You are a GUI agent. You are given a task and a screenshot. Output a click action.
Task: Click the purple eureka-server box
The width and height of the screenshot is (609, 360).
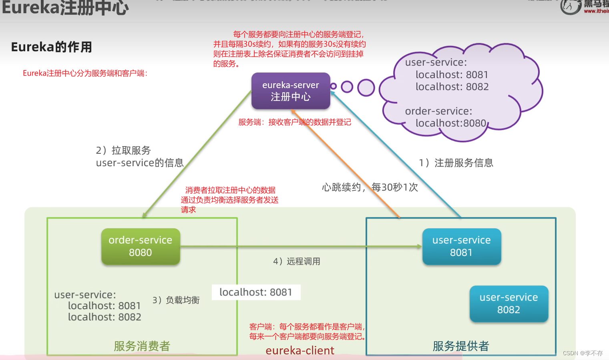click(x=291, y=91)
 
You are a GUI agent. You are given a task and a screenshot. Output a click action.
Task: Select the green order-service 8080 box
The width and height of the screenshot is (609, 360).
click(x=141, y=246)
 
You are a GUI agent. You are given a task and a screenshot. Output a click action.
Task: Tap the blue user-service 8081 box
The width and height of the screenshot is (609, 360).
click(x=461, y=246)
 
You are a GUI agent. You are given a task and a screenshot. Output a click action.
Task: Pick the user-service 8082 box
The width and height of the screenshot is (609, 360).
click(x=509, y=304)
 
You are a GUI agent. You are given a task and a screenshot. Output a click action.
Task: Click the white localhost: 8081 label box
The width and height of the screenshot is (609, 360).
click(x=256, y=292)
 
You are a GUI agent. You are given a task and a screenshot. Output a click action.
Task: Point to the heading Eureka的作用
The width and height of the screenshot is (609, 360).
click(x=52, y=47)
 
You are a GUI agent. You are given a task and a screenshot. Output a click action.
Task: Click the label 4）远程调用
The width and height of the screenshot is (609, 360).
click(x=297, y=261)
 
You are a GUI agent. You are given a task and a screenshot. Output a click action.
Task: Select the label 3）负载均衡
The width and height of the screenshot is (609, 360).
click(x=176, y=300)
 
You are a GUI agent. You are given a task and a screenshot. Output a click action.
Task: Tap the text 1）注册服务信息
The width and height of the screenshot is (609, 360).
click(x=456, y=163)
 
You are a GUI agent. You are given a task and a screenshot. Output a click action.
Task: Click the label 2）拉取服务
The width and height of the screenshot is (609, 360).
click(x=123, y=151)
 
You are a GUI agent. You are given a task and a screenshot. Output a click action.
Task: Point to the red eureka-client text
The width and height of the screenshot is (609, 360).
click(x=300, y=351)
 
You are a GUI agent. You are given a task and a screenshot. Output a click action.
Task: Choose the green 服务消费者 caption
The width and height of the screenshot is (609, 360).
click(x=142, y=346)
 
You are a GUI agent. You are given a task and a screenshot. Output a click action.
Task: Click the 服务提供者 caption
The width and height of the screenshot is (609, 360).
click(x=461, y=346)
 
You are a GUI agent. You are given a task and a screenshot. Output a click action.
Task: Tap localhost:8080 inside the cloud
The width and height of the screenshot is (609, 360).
click(x=451, y=123)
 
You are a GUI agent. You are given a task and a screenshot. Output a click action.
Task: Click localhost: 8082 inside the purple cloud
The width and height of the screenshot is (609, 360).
click(x=452, y=87)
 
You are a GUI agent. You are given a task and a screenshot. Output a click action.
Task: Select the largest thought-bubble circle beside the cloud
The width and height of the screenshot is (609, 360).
click(x=366, y=88)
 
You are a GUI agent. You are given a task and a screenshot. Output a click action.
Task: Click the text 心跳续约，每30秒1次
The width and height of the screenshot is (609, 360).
click(x=370, y=187)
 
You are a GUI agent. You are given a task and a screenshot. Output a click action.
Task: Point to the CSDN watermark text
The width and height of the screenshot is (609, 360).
click(x=583, y=353)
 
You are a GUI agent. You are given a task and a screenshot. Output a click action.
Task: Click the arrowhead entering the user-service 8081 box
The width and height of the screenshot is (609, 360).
click(x=419, y=246)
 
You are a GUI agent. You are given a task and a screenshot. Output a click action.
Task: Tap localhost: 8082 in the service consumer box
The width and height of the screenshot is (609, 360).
click(x=105, y=317)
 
